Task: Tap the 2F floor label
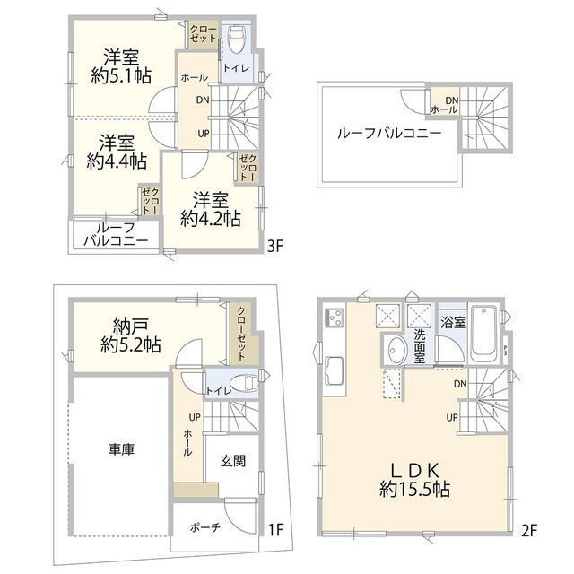pyautogui.click(x=528, y=529)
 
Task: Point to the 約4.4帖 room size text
pyautogui.click(x=117, y=161)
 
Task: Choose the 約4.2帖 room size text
pyautogui.click(x=209, y=218)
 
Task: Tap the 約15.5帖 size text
pyautogui.click(x=413, y=491)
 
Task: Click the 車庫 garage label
pyautogui.click(x=122, y=449)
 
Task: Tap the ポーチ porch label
pyautogui.click(x=204, y=528)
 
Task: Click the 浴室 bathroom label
pyautogui.click(x=453, y=322)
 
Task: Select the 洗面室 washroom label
pyautogui.click(x=419, y=347)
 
